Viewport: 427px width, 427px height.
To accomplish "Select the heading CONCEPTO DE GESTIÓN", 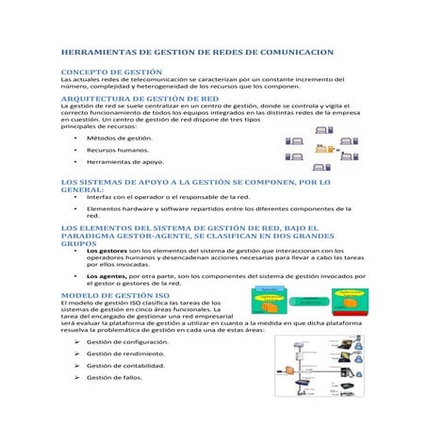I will point(104,72).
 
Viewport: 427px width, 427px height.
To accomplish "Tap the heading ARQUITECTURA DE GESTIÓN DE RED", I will point(140,97).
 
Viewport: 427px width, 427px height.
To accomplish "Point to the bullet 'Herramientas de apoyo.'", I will point(123,161).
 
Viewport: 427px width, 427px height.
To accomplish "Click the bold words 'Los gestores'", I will point(105,251).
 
